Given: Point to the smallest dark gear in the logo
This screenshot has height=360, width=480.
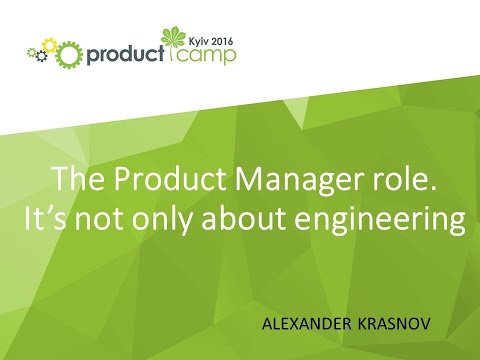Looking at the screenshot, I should (32, 51).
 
